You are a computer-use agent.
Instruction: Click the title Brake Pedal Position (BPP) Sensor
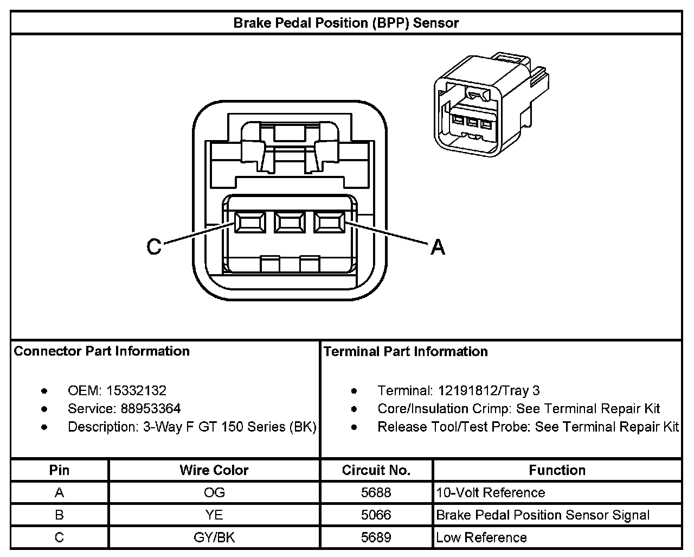(x=346, y=23)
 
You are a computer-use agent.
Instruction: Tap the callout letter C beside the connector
(x=155, y=247)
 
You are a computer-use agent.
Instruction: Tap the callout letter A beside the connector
(x=438, y=248)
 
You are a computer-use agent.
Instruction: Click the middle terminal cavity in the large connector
(x=289, y=223)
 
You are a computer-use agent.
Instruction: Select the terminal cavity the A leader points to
(x=329, y=223)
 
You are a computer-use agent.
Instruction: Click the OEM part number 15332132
(x=136, y=390)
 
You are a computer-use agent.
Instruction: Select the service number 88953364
(x=151, y=409)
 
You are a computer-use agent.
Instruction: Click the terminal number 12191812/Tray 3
(x=489, y=391)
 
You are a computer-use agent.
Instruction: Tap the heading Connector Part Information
(x=101, y=351)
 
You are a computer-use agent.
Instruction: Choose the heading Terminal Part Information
(x=406, y=352)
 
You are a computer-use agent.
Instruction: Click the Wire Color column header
(x=214, y=470)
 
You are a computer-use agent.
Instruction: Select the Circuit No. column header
(x=376, y=470)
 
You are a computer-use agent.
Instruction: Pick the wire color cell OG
(x=214, y=492)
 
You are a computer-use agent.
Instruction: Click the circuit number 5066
(x=376, y=515)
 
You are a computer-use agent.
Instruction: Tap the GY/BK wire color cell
(x=214, y=537)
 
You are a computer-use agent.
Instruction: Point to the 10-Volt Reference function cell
(x=490, y=492)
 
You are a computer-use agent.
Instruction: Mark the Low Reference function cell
(x=481, y=537)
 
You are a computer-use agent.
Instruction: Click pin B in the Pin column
(x=59, y=515)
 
